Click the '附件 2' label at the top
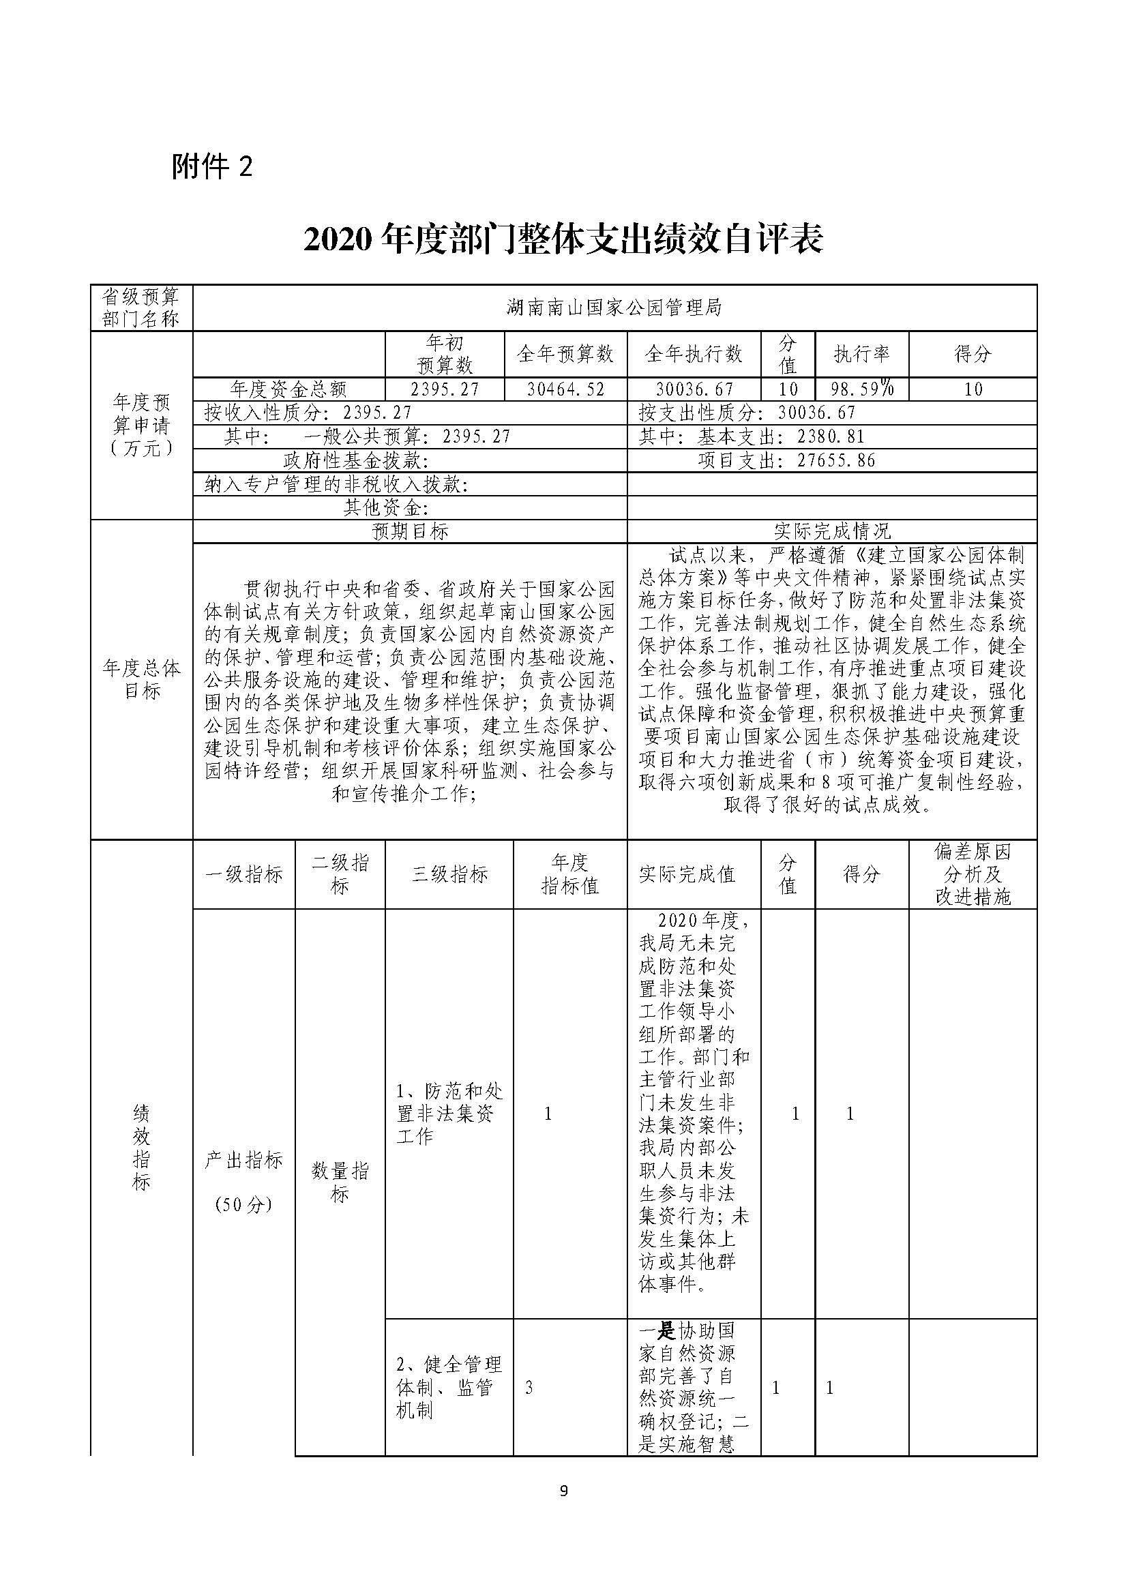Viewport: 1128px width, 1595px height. tap(212, 168)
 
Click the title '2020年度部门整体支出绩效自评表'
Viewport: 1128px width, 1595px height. tap(563, 240)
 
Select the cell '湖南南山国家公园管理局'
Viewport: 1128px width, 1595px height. tap(614, 307)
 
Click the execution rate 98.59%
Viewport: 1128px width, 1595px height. tap(862, 388)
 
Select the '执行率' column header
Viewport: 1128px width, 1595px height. tap(861, 354)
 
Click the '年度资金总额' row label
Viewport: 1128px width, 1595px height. tap(288, 389)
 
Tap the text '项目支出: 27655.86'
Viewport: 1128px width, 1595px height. tap(786, 460)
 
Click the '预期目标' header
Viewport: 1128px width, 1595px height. tap(410, 531)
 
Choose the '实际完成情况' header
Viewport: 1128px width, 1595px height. tap(831, 531)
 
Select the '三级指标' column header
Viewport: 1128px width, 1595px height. tap(449, 874)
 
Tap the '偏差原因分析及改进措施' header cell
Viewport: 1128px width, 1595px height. tap(973, 874)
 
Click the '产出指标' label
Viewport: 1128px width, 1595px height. tap(243, 1160)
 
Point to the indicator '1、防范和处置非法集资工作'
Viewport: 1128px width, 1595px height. tap(449, 1114)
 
